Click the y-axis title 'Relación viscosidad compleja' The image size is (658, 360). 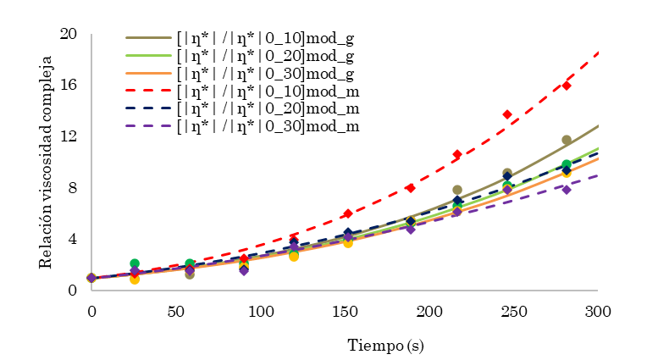click(47, 162)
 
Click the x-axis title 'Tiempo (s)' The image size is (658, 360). click(386, 345)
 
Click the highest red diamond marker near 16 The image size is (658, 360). click(567, 86)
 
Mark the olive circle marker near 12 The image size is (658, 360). click(567, 140)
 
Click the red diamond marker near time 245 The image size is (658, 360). click(507, 114)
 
